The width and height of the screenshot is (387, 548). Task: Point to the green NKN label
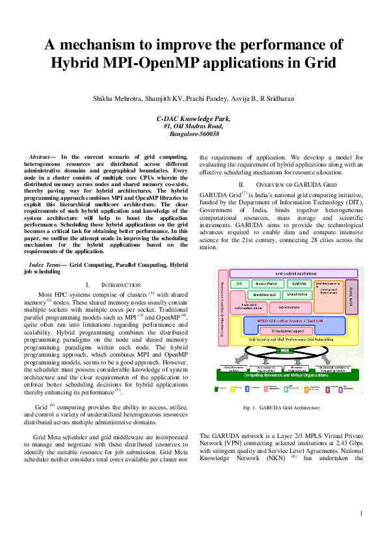point(285,350)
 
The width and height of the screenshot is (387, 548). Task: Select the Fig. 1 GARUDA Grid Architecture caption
point(281,407)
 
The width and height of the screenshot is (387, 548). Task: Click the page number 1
point(360,514)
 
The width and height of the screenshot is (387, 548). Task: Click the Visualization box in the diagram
point(298,295)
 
